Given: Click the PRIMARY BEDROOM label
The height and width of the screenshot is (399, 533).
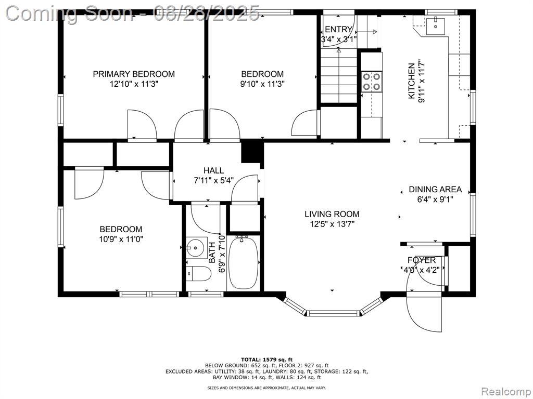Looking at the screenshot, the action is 134,74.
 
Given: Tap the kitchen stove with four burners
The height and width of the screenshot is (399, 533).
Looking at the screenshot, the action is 372,82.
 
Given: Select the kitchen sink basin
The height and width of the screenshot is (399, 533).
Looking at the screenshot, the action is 435,24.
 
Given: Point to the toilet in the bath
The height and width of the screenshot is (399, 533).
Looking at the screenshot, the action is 198,273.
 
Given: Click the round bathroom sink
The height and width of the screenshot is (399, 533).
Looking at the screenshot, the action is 196,248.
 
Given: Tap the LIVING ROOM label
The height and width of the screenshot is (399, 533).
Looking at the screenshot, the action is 332,214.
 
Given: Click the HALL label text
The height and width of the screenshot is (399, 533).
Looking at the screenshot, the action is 213,170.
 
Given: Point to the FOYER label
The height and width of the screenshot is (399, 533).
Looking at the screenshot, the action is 422,260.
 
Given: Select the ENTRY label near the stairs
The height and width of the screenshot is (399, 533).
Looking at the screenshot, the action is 338,29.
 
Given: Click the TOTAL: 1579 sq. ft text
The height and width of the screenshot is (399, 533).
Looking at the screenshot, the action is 266,360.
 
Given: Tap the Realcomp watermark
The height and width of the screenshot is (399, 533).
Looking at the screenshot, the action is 506,391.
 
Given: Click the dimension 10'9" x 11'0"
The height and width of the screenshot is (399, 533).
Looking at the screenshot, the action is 121,239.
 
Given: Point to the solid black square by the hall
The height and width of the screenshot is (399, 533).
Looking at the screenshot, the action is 252,152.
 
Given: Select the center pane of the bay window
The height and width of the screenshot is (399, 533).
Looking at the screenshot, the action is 333,313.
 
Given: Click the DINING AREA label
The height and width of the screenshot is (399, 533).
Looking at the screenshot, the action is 435,189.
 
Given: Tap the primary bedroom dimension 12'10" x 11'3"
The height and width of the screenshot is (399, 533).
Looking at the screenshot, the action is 134,84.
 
